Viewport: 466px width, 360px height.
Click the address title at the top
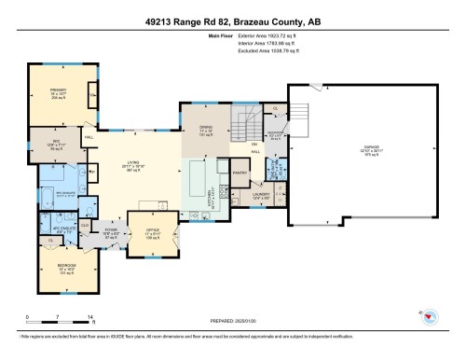(232, 21)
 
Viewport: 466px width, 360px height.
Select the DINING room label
(208, 129)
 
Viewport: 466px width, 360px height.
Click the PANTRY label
(240, 173)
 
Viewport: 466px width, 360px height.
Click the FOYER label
(110, 228)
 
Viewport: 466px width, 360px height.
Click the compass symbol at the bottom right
(430, 317)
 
